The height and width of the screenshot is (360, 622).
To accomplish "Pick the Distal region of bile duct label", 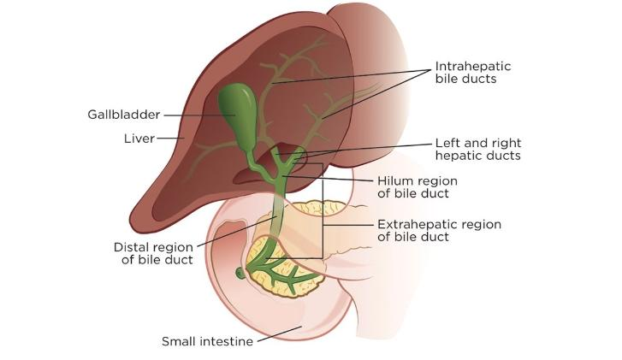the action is [154, 253].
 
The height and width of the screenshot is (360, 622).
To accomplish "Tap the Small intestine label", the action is [207, 342].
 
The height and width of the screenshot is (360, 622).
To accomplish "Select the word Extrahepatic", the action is [415, 225].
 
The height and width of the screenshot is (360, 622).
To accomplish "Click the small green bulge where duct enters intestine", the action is [240, 274].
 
